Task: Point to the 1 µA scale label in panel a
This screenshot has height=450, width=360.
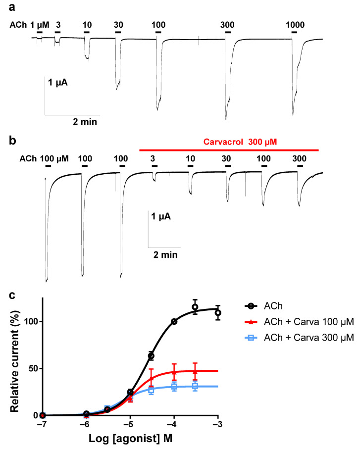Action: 58,82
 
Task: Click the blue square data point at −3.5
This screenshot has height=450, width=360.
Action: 195,386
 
